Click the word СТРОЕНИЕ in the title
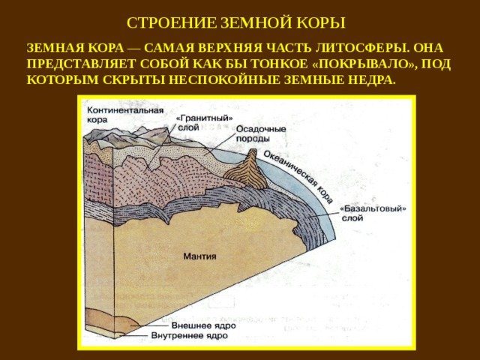click(172, 23)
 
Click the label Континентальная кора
click(125, 115)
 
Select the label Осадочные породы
click(261, 133)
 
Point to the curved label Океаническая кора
click(298, 177)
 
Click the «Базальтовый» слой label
click(373, 213)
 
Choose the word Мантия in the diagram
click(199, 256)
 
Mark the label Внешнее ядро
click(203, 325)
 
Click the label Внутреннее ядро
click(189, 336)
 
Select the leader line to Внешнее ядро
click(150, 325)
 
